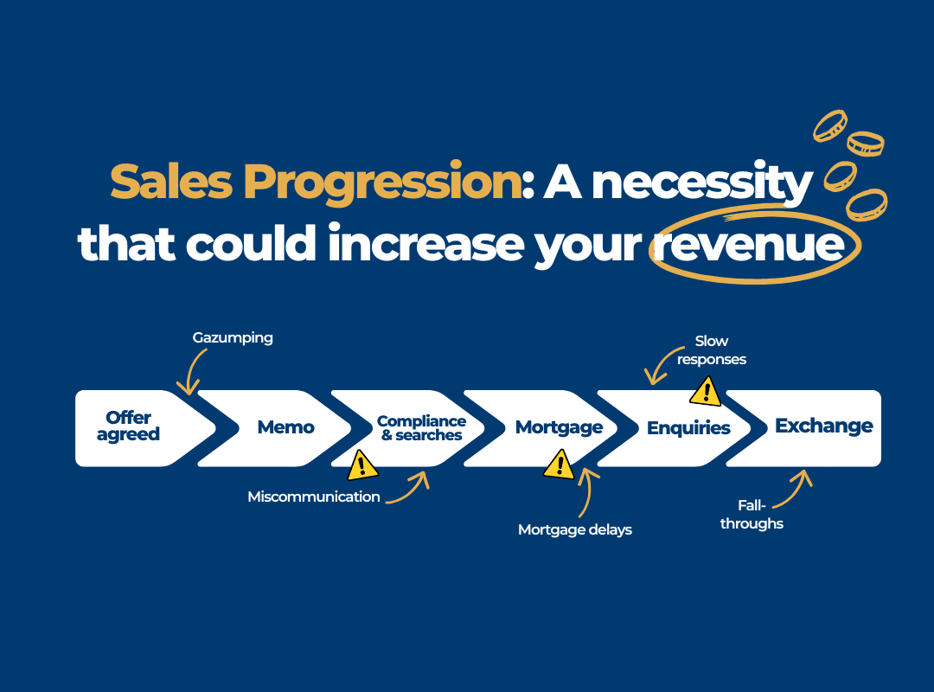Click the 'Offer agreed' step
click(130, 426)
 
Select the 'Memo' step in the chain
click(285, 427)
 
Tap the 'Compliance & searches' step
click(421, 428)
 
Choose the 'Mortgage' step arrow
click(559, 427)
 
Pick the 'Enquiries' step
click(688, 428)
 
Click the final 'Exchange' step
click(823, 426)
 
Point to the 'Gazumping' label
click(233, 337)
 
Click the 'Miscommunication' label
click(314, 497)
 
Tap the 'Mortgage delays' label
click(575, 529)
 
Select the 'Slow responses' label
click(712, 350)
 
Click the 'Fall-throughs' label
click(752, 514)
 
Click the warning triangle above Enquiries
click(706, 392)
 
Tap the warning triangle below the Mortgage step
click(559, 466)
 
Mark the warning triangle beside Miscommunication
click(361, 466)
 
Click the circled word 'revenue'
click(749, 246)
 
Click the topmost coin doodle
click(829, 125)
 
